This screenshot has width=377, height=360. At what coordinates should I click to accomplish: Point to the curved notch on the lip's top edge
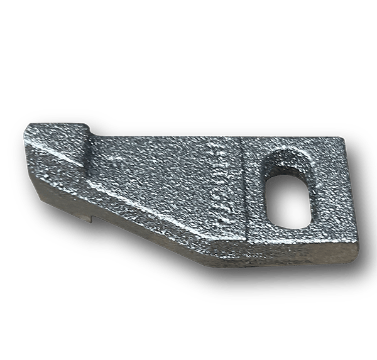[x=88, y=126]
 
